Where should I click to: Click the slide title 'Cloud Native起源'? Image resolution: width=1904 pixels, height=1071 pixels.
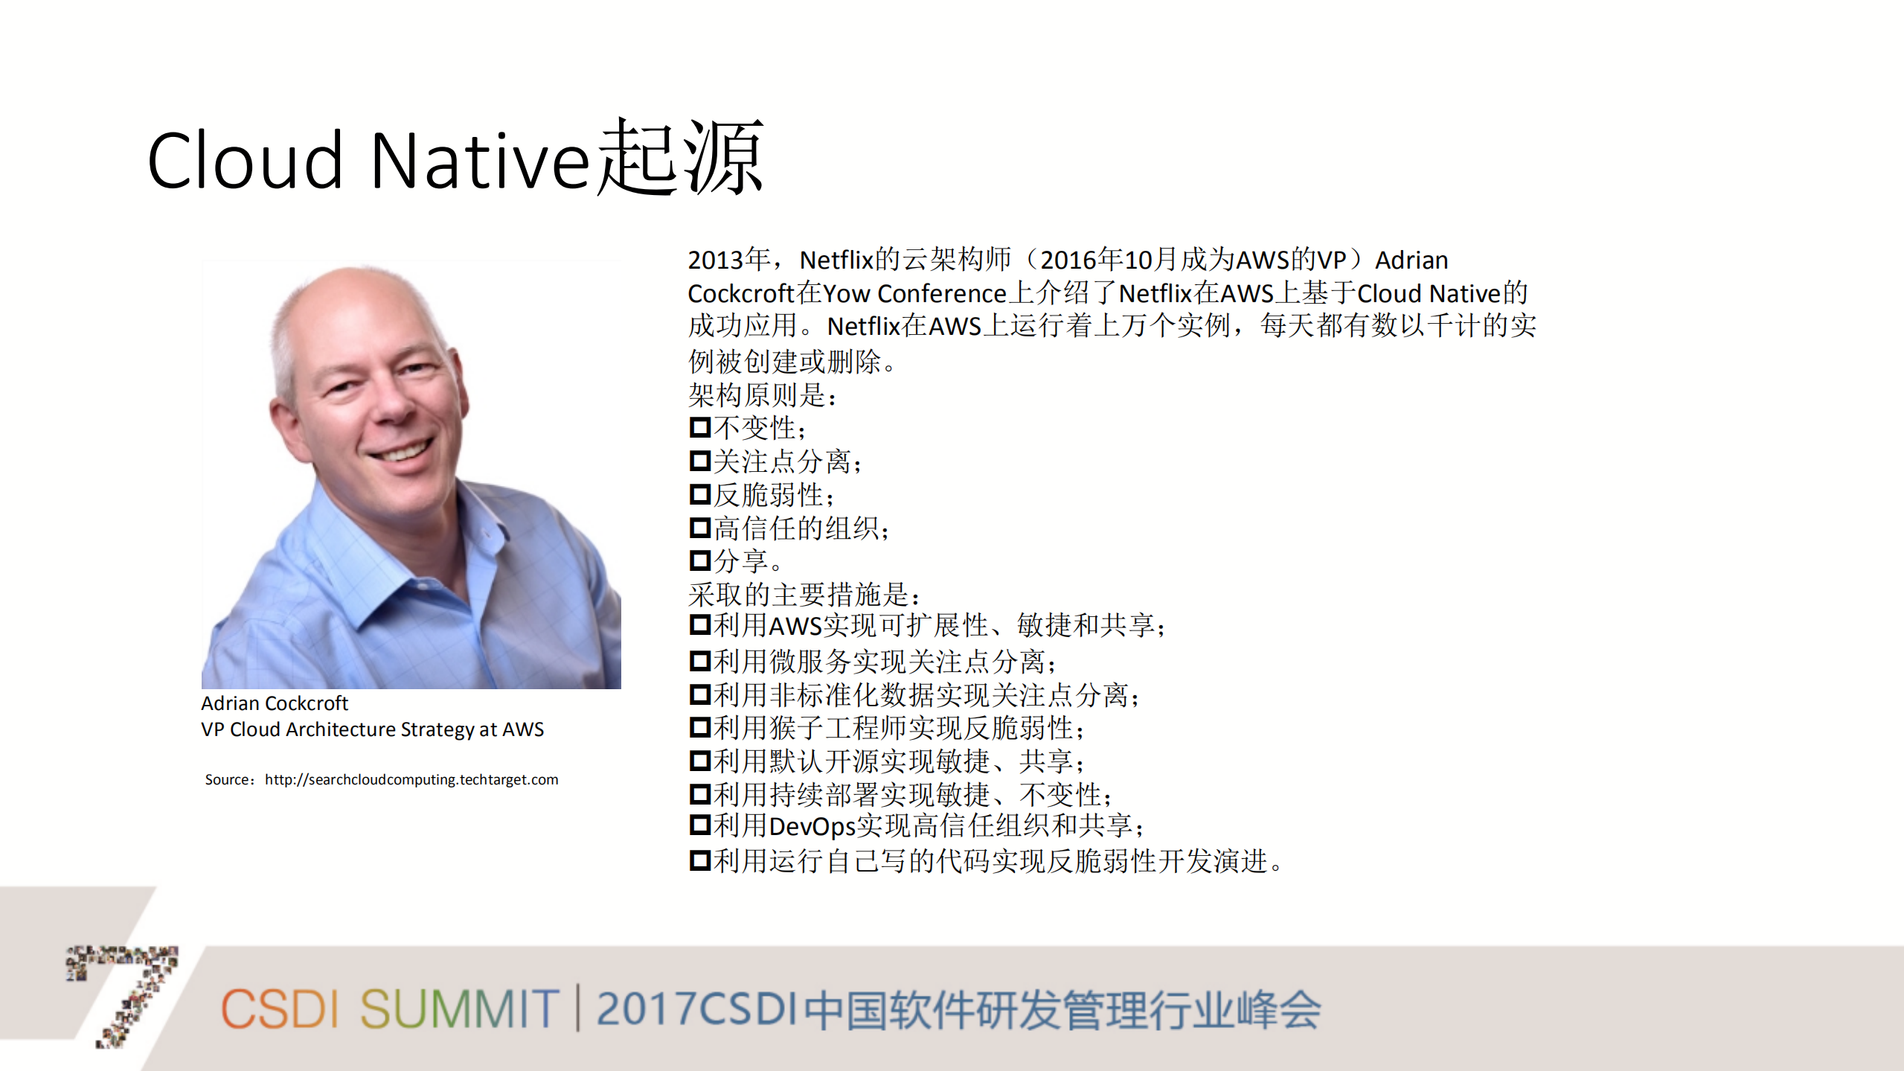[455, 159]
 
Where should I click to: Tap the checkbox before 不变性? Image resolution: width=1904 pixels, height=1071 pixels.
[699, 428]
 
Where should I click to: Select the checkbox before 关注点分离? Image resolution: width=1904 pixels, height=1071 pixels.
[699, 461]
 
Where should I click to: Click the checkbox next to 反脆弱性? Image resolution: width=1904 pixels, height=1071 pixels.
[699, 495]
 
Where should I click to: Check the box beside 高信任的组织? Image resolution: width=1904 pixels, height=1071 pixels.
[699, 528]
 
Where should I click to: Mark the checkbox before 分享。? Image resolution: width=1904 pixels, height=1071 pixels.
[699, 560]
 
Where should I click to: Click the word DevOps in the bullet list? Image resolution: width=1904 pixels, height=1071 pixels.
[812, 826]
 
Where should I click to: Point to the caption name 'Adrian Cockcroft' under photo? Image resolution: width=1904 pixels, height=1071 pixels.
[274, 703]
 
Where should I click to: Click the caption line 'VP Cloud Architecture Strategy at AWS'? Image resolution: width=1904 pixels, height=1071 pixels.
[372, 729]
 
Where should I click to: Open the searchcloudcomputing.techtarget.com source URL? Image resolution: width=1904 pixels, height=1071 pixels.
[411, 779]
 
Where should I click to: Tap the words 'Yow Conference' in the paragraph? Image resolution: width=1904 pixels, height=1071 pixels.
[914, 294]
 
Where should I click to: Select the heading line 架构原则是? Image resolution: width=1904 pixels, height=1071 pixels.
[762, 395]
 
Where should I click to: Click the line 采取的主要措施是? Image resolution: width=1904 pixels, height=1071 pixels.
[804, 594]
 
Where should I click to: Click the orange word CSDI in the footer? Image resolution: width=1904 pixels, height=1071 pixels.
[280, 1010]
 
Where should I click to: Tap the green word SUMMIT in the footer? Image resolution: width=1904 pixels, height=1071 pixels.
[459, 1010]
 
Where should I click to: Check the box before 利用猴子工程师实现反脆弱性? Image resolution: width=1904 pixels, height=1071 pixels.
[699, 727]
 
